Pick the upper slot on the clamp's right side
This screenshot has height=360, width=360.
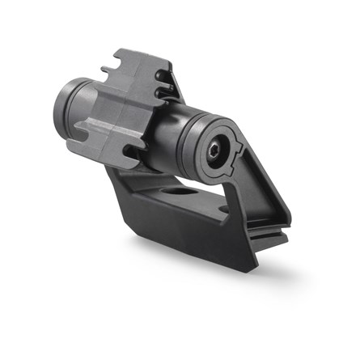[x=166, y=81]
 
